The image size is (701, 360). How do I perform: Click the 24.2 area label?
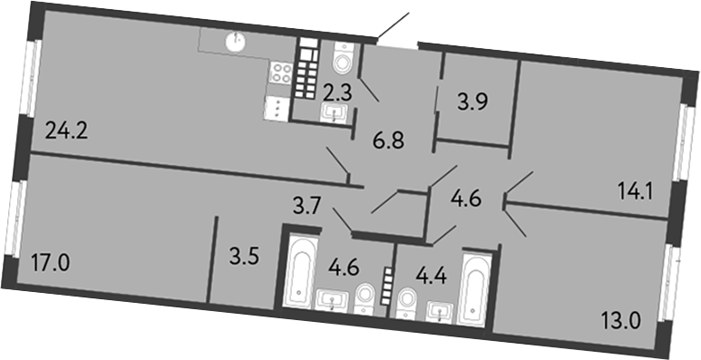(67, 131)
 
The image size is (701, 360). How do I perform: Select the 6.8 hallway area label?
(388, 142)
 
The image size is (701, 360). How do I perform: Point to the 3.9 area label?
(472, 102)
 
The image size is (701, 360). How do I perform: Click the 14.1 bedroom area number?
(637, 194)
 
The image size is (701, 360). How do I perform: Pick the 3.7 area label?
(307, 207)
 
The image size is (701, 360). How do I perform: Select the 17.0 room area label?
(51, 263)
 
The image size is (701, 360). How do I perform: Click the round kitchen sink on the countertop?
(235, 42)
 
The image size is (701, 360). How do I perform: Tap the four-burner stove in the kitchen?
(281, 73)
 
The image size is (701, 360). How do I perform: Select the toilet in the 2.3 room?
(344, 58)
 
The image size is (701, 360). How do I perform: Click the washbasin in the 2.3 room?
(334, 112)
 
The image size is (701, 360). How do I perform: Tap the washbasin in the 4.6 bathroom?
(332, 300)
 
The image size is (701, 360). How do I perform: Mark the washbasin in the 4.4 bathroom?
(440, 312)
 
